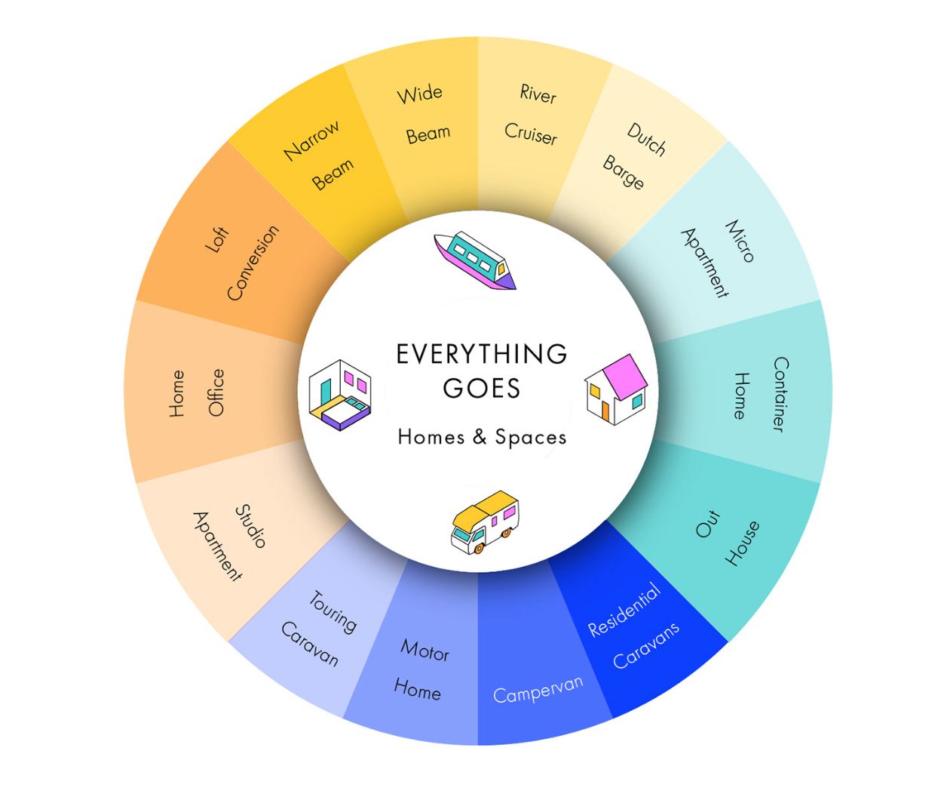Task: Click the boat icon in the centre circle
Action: [476, 260]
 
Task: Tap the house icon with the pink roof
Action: [617, 389]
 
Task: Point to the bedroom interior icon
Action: [340, 395]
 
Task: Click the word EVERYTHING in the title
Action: [482, 354]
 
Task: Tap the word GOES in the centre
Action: [482, 389]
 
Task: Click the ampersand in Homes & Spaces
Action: [480, 437]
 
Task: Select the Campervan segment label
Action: [538, 688]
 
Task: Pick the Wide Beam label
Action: [424, 114]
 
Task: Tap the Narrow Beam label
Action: [318, 155]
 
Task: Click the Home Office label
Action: [196, 393]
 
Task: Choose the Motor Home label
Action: [421, 669]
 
